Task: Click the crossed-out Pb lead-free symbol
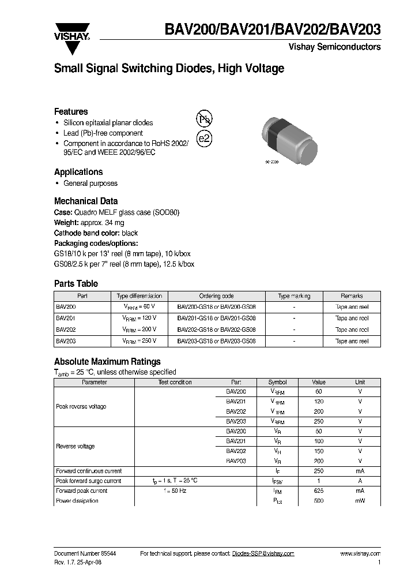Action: (204, 119)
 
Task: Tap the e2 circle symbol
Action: (204, 139)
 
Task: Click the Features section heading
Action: (71, 111)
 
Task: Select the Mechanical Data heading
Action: (86, 201)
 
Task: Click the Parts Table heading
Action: (76, 283)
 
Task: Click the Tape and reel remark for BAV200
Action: (352, 307)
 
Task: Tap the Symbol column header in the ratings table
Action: (277, 382)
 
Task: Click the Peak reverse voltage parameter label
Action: (81, 406)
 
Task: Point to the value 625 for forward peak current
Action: (319, 491)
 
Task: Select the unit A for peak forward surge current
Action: (360, 481)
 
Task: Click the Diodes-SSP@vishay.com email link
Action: (263, 553)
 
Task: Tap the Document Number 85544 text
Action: (85, 553)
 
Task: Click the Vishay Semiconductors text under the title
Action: (334, 47)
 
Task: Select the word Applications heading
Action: (78, 172)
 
